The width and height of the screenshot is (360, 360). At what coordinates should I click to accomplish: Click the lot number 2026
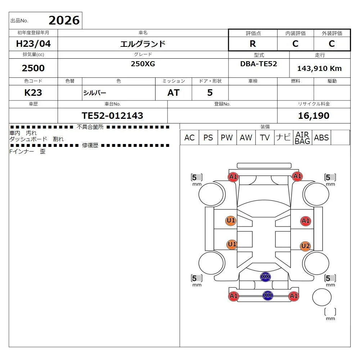tap(64, 20)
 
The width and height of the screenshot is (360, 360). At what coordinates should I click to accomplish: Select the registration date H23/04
tap(33, 44)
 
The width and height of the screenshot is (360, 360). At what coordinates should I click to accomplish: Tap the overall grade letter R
tap(253, 44)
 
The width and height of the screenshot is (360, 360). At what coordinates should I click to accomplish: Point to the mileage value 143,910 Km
tap(319, 68)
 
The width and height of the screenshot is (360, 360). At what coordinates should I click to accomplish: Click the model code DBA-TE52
tap(258, 64)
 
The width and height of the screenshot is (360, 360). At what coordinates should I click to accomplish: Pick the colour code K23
tap(33, 93)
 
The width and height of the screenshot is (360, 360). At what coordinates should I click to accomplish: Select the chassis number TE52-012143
tap(112, 116)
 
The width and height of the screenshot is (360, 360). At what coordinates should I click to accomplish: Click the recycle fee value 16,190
tap(314, 116)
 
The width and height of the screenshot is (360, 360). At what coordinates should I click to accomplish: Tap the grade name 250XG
tap(143, 64)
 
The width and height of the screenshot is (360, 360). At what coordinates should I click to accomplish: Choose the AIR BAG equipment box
tap(302, 138)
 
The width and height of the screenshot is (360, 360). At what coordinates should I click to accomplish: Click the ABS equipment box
tap(321, 138)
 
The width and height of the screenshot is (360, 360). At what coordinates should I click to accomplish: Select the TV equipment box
tap(265, 138)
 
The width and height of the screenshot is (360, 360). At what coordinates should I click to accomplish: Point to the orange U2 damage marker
tap(305, 246)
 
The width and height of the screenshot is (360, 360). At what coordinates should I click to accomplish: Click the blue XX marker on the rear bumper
tap(268, 295)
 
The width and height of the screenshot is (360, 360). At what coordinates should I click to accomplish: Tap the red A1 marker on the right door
tap(306, 221)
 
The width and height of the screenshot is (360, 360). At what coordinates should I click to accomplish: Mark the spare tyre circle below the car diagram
tap(321, 297)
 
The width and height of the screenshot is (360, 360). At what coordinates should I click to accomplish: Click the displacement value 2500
tap(33, 68)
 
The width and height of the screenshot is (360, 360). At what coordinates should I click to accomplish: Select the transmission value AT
tap(174, 93)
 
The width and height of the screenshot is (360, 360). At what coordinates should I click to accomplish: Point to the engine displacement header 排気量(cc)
tap(33, 54)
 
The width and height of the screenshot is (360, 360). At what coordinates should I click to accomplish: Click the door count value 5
tap(210, 93)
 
